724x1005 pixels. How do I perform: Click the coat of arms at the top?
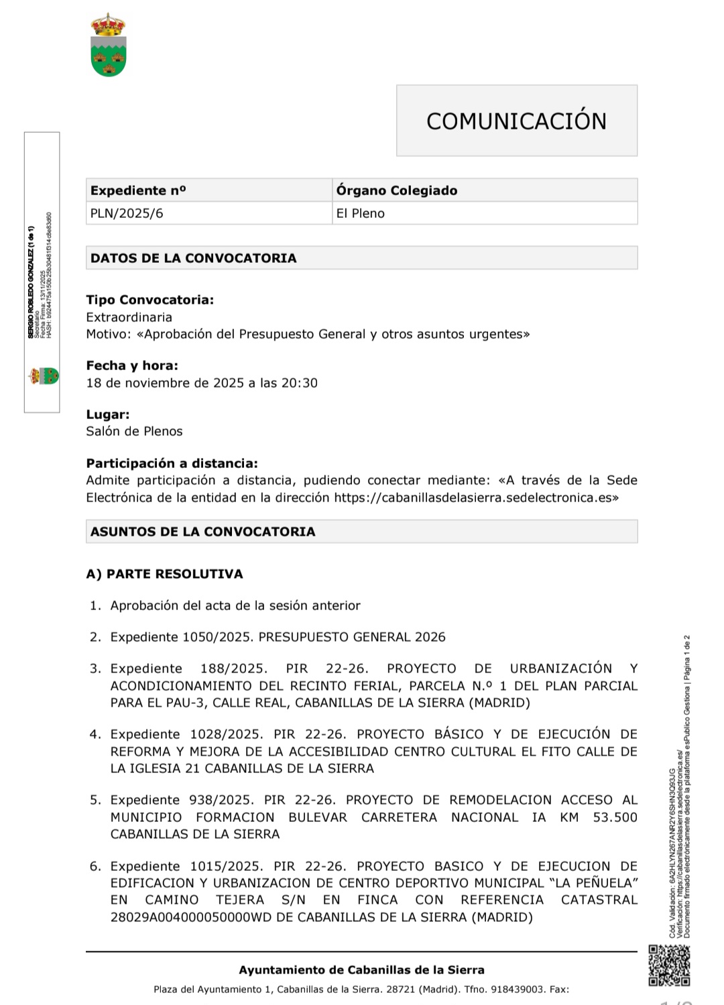click(109, 45)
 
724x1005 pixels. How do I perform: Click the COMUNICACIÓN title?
click(516, 121)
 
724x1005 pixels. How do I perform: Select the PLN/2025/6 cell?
click(127, 213)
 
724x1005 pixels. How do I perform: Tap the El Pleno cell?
click(360, 213)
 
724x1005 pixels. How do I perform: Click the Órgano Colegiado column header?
click(396, 190)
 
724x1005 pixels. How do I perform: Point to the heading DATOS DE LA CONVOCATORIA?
click(193, 258)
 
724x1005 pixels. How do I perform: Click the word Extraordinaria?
click(129, 317)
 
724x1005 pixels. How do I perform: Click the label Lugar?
click(108, 414)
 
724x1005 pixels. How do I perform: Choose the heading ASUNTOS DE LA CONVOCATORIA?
click(202, 532)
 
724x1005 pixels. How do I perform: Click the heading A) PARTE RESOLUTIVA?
click(164, 574)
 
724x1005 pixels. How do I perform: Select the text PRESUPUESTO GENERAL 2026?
click(352, 637)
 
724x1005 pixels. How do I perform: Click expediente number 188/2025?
click(233, 668)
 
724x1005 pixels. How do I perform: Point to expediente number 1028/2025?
click(227, 734)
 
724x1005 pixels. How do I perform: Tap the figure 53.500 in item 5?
click(615, 817)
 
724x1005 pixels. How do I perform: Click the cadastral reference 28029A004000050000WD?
click(190, 917)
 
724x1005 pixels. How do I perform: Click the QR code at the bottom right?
click(668, 965)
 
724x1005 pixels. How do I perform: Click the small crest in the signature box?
click(43, 375)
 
